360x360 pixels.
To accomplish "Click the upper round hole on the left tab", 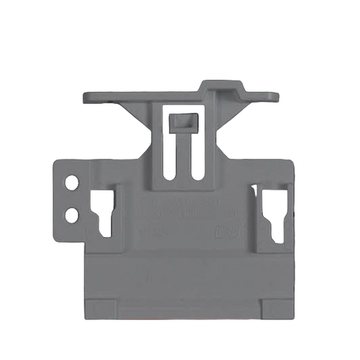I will [x=70, y=182].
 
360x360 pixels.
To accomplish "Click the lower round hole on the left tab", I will [x=70, y=215].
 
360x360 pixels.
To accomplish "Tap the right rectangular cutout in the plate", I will [x=275, y=211].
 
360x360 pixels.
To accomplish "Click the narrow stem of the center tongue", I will [x=181, y=155].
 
